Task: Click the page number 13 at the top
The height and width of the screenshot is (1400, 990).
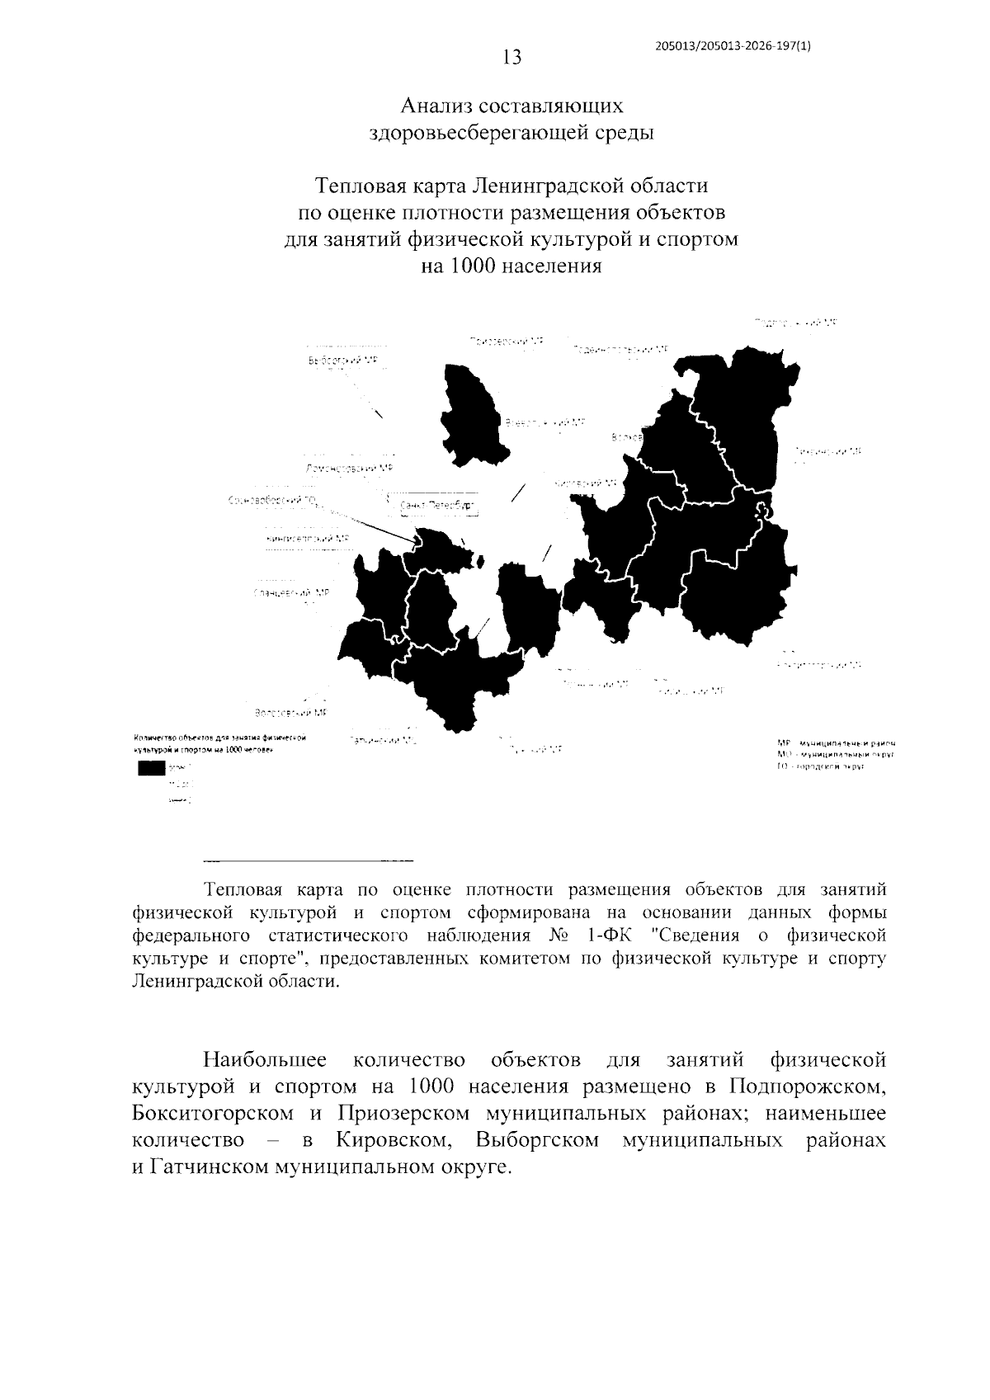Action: (x=511, y=57)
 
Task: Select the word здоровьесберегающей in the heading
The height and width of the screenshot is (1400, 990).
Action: (x=478, y=132)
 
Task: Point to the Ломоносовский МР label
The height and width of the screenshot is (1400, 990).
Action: (x=349, y=468)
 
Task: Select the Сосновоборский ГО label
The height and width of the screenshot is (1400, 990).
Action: (x=276, y=500)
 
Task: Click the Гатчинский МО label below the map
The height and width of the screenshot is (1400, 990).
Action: (x=383, y=741)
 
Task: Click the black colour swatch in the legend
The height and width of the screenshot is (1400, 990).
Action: (x=151, y=768)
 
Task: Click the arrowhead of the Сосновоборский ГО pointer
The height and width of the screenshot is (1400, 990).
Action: (x=414, y=541)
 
